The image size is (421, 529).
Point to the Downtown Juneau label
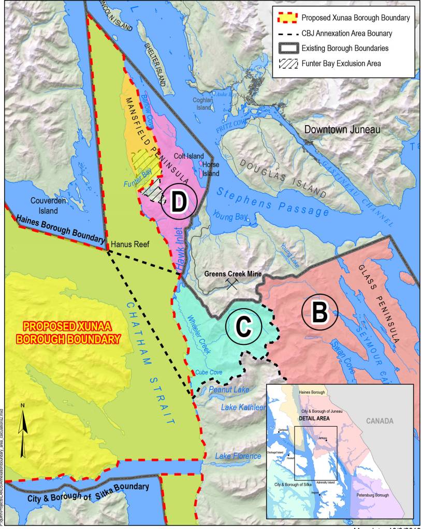[342, 130]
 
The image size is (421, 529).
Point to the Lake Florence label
[238, 456]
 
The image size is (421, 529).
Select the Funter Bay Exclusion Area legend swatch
[288, 64]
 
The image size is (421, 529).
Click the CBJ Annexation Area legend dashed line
[288, 33]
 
